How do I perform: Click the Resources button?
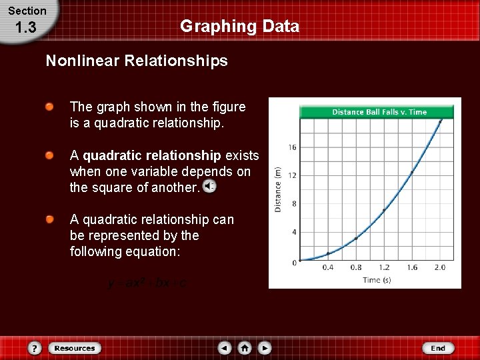(75, 348)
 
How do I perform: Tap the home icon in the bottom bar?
(245, 348)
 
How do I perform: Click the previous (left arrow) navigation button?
(225, 348)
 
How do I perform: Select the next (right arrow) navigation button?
(265, 348)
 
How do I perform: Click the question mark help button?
(35, 348)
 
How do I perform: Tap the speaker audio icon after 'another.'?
(209, 187)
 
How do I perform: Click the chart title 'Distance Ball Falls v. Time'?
(379, 112)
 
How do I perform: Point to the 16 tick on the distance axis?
(293, 147)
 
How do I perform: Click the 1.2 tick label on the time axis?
(384, 267)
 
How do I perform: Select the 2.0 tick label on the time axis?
(439, 267)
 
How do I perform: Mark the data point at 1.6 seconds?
(412, 172)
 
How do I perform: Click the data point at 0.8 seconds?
(356, 238)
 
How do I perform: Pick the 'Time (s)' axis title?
(377, 280)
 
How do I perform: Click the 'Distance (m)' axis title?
(278, 190)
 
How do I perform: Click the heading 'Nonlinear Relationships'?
(137, 61)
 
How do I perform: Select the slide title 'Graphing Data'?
(239, 27)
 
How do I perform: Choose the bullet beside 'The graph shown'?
(50, 107)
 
